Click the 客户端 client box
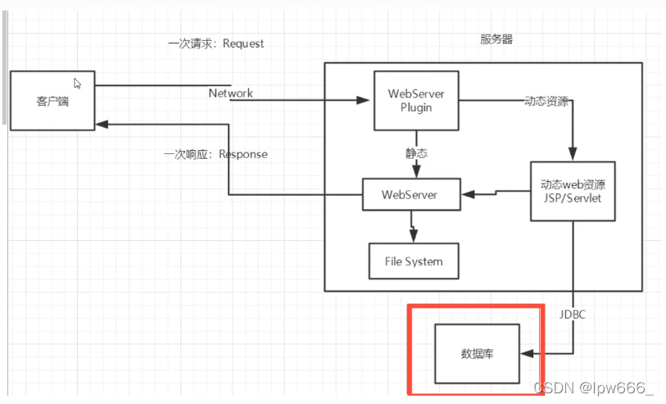(52, 100)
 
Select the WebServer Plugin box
(415, 100)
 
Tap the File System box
(413, 261)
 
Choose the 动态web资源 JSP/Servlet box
(573, 191)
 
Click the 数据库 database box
(477, 354)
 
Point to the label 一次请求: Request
(216, 43)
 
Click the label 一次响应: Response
(215, 154)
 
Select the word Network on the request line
(230, 93)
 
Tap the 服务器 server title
(496, 39)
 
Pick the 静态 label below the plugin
(416, 153)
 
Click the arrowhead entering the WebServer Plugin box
(366, 101)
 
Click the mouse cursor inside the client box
(78, 84)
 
